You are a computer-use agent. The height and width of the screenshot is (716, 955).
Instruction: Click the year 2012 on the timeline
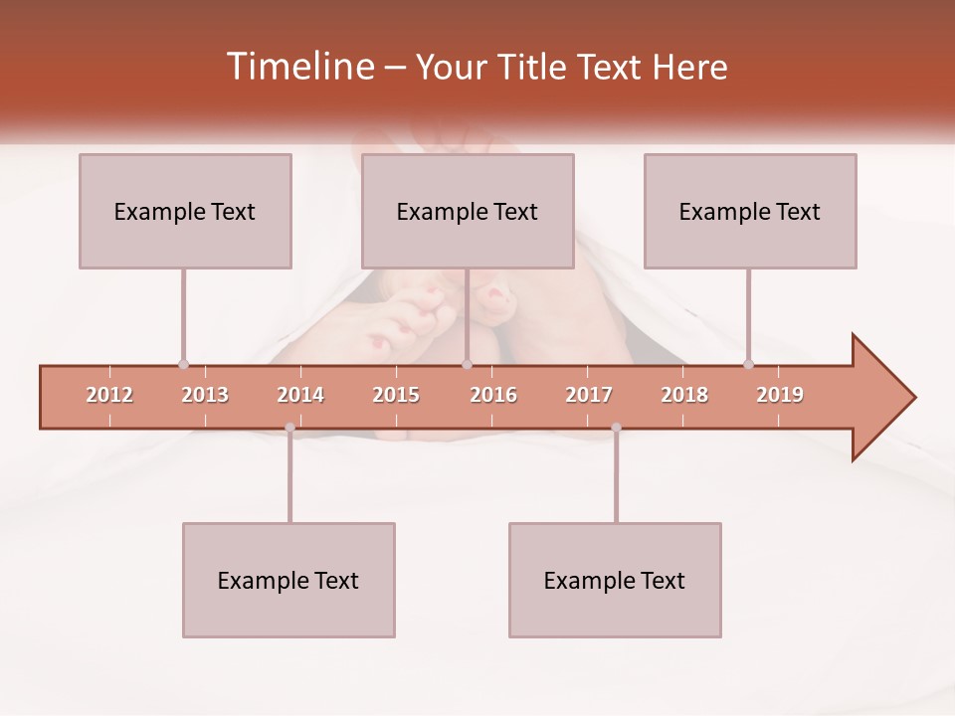[109, 395]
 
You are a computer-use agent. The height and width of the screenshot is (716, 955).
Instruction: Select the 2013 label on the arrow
[205, 395]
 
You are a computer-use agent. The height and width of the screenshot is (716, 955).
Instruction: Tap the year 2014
[300, 395]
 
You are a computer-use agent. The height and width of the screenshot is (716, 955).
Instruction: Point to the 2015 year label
[396, 395]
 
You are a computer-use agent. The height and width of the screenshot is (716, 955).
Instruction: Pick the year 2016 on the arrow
[493, 395]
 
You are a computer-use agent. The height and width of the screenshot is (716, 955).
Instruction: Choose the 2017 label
[589, 395]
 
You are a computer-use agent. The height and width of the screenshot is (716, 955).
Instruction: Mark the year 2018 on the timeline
[684, 395]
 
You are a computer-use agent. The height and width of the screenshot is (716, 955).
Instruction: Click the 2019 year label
[780, 395]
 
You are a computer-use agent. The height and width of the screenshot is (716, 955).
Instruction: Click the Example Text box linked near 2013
[185, 211]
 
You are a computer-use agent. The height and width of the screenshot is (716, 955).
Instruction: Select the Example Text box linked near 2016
[468, 211]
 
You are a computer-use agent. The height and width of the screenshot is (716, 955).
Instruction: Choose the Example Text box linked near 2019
[750, 211]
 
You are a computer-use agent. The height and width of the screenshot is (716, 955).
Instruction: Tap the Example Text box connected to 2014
[288, 580]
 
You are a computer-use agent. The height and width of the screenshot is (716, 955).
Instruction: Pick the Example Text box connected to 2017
[615, 580]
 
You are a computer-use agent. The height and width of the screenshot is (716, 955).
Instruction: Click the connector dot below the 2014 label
[289, 428]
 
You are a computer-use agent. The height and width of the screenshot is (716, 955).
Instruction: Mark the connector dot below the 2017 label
[616, 428]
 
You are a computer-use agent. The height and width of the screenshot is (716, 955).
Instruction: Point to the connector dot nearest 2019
[748, 364]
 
